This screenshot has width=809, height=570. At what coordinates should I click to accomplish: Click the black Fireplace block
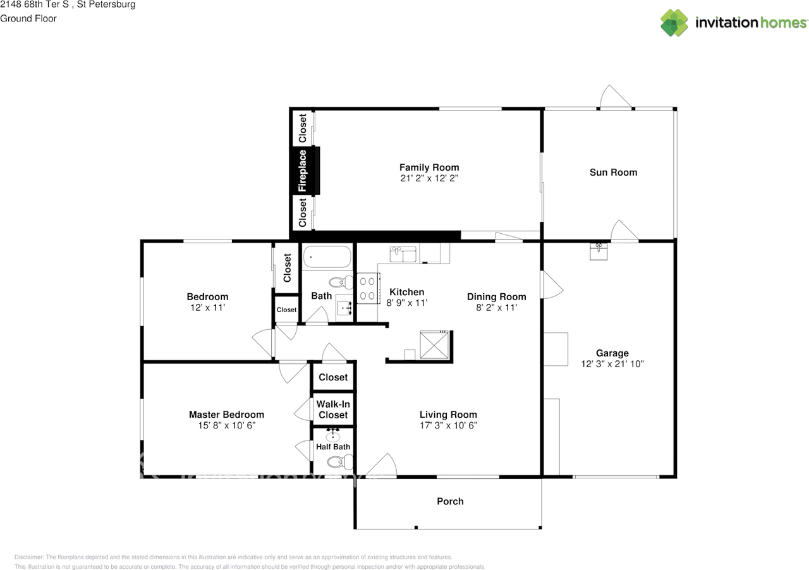[x=305, y=171]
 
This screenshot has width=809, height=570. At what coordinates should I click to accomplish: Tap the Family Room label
[x=429, y=167]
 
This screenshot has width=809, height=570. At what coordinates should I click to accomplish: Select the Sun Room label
[x=613, y=173]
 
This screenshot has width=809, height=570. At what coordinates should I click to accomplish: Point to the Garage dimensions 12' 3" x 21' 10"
[x=612, y=364]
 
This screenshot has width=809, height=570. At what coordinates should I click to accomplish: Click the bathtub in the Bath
[x=327, y=257]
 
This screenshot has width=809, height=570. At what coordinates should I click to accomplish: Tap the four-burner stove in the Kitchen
[x=368, y=288]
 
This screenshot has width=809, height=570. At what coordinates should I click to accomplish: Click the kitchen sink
[x=403, y=254]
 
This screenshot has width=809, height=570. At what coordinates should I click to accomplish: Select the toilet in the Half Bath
[x=340, y=462]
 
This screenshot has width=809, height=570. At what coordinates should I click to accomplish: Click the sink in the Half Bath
[x=332, y=435]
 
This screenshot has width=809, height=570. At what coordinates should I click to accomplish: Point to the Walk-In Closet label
[x=333, y=409]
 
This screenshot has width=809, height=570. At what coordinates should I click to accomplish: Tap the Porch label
[x=450, y=501]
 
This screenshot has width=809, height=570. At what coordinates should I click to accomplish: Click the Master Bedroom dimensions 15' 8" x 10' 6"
[x=226, y=425]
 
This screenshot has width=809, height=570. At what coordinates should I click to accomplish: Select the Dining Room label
[x=497, y=297]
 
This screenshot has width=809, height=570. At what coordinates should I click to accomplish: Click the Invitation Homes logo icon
[x=674, y=23]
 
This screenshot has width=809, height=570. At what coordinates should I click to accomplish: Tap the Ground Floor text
[x=28, y=18]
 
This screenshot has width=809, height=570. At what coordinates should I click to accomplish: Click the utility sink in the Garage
[x=599, y=252]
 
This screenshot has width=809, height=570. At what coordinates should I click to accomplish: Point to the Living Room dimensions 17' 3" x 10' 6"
[x=448, y=425]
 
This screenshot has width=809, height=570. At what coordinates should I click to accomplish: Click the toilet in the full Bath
[x=341, y=282]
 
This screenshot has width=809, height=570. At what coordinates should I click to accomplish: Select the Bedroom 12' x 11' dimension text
[x=208, y=308]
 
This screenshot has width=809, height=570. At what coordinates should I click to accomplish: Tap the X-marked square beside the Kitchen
[x=434, y=345]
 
